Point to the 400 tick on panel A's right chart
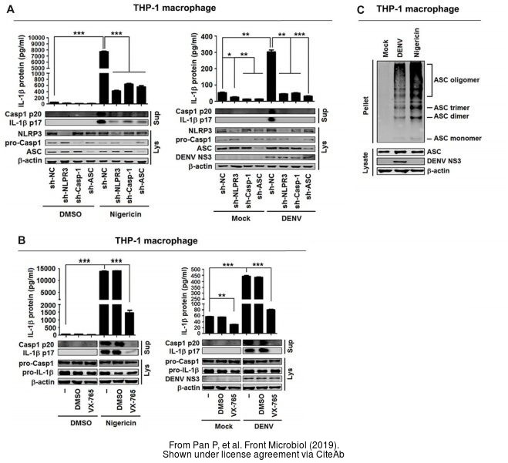(206, 36)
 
